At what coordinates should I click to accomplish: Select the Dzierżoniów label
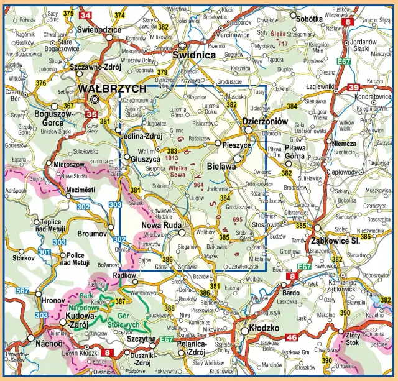266,122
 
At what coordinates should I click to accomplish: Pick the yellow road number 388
169,308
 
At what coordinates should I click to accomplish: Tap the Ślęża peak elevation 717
283,44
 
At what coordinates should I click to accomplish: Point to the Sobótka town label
309,19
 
